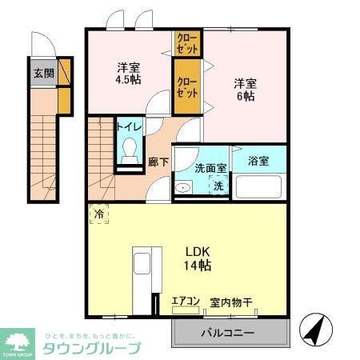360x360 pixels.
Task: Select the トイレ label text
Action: (x=129, y=126)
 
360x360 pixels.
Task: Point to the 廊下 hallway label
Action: (x=158, y=161)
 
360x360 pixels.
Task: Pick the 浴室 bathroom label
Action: (x=258, y=160)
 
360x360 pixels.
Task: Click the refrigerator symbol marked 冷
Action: (x=100, y=214)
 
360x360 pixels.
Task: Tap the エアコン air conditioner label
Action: (x=185, y=302)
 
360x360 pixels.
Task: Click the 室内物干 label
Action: (x=231, y=302)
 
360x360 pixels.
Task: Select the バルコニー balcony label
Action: (x=227, y=333)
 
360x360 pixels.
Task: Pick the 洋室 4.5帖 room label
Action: (x=127, y=72)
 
